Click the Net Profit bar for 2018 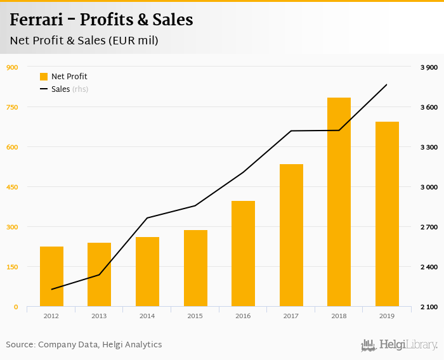339,202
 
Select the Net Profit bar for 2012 51,276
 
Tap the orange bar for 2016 243,254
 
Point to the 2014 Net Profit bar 147,272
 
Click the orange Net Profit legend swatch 44,77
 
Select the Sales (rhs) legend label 70,89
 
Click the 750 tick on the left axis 12,107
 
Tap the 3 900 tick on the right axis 429,67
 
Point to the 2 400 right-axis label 429,267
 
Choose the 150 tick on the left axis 12,267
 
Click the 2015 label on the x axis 195,316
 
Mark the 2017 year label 291,316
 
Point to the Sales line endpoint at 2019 387,84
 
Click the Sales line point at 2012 51,290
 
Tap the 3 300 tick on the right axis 429,147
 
